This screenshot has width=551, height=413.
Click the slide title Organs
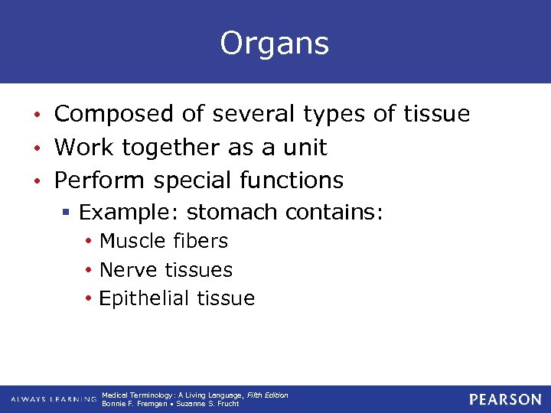(275, 44)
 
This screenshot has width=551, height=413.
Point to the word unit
(306, 147)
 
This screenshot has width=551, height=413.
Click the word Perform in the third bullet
(99, 180)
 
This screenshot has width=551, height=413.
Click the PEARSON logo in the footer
(505, 399)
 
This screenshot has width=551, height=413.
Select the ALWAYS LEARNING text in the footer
(53, 399)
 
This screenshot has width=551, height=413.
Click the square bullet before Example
(69, 212)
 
